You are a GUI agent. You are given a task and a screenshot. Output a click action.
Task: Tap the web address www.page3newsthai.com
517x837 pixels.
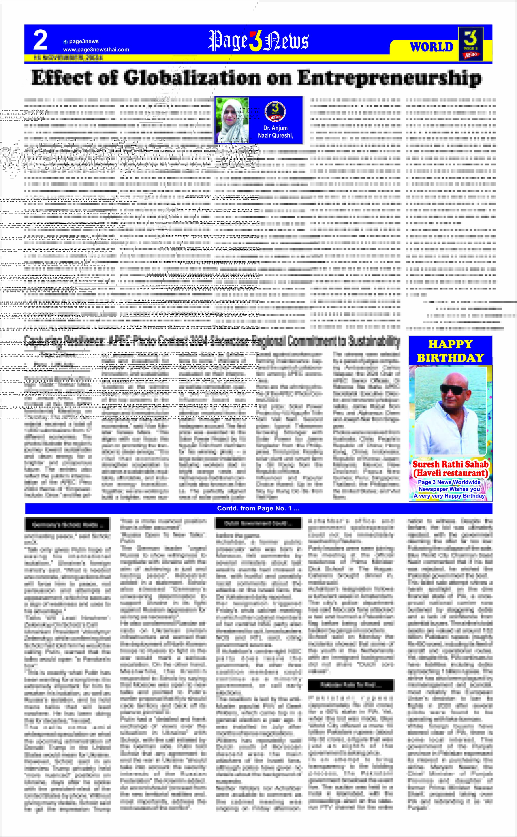tap(96, 50)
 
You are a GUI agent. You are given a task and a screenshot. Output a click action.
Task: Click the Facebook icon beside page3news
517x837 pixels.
tap(66, 42)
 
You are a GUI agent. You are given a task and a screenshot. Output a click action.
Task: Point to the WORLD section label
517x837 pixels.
tap(431, 47)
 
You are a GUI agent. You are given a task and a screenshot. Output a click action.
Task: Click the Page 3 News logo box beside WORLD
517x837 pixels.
tap(470, 44)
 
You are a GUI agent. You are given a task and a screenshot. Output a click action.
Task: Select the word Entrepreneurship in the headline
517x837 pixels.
tap(389, 78)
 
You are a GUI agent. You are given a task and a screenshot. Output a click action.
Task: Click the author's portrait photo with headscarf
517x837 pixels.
tap(231, 119)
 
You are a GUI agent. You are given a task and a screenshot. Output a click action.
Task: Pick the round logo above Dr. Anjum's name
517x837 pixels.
tap(275, 112)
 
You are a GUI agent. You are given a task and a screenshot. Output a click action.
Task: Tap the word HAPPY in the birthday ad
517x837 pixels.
tap(450, 344)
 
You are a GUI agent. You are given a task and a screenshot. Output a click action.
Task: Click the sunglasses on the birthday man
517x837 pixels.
tap(453, 388)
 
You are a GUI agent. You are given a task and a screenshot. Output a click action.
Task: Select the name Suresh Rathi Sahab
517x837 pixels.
tap(450, 464)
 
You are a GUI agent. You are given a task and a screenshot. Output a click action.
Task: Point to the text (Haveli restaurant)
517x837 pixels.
tap(450, 473)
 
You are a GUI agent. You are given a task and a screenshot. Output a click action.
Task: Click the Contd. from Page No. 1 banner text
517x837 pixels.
tap(258, 508)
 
